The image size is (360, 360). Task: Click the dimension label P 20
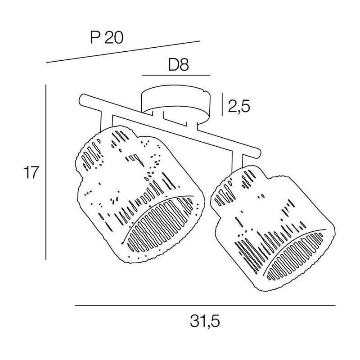pos(107,38)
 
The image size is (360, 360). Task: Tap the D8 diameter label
pos(178,65)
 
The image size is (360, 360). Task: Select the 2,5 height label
pos(239,106)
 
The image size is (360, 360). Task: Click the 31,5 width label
pos(205,321)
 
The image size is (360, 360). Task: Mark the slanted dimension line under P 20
pos(123,52)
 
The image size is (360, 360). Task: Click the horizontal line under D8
pos(176,75)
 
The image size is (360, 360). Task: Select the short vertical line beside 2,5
pos(222,104)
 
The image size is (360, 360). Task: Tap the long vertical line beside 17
pos(46,172)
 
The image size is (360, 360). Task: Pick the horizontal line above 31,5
pos(205,306)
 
